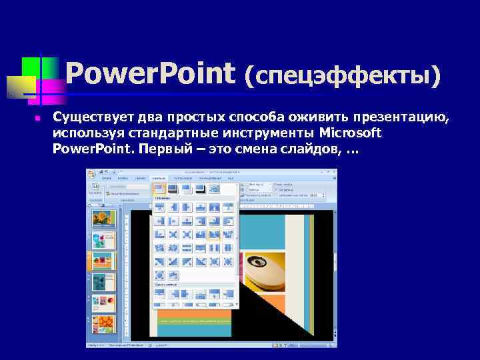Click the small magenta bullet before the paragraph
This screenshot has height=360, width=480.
[x=38, y=119]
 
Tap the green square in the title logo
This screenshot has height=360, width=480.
[x=31, y=67]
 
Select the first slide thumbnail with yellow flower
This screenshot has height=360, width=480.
[x=103, y=219]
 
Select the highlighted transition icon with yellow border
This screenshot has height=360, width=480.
[x=213, y=235]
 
